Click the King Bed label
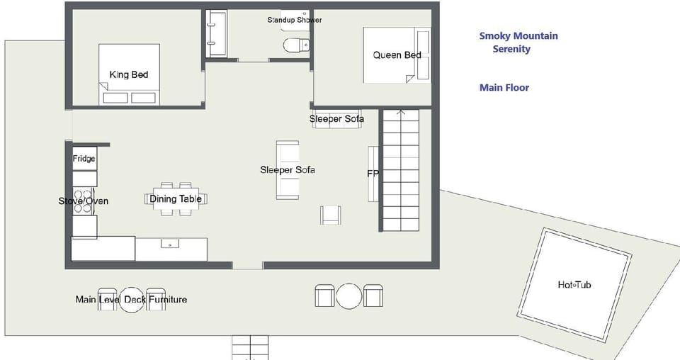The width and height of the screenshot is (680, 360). click(129, 74)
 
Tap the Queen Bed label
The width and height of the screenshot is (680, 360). click(397, 55)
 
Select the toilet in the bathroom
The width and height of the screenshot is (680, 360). click(297, 44)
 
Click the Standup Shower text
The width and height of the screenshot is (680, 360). click(295, 20)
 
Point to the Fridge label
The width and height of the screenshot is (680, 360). click(84, 159)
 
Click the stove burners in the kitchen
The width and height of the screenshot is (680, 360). click(83, 201)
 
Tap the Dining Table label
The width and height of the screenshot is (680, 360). click(176, 198)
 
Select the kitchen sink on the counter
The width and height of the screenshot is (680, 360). click(170, 244)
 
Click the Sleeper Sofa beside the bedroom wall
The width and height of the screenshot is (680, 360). click(336, 119)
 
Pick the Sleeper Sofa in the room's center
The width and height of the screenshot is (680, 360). click(288, 170)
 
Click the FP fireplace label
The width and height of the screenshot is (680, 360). click(373, 174)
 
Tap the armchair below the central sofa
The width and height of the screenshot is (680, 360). click(331, 215)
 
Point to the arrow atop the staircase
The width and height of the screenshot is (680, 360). click(401, 113)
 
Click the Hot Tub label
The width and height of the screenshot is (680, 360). click(574, 285)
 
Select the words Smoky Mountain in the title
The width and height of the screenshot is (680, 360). click(518, 36)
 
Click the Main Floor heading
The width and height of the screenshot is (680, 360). click(504, 88)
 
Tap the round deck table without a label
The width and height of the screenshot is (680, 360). click(349, 296)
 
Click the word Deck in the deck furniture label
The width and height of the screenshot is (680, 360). click(135, 299)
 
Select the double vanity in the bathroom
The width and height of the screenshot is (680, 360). click(215, 33)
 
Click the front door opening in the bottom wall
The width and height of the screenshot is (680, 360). click(248, 265)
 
